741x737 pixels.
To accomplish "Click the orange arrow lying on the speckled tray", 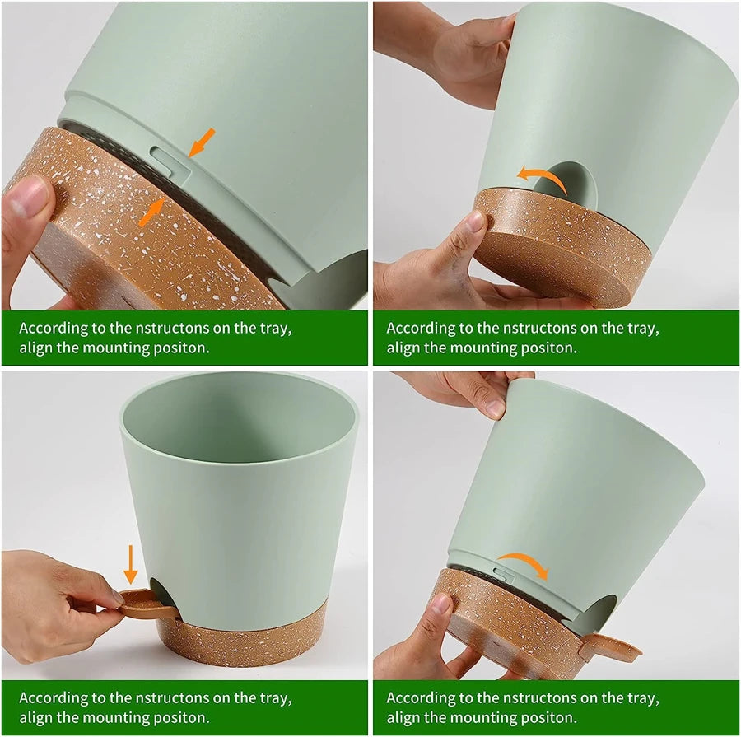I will [x=151, y=214].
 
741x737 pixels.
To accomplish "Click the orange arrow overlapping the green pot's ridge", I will [x=201, y=142].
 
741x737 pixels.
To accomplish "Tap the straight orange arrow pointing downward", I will [x=130, y=565].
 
